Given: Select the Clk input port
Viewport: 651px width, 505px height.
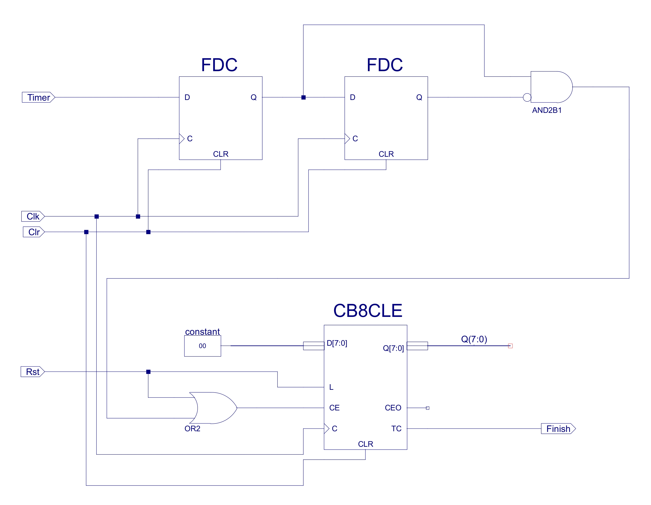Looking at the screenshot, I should point(33,216).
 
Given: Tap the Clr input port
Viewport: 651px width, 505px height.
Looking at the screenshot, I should point(34,232).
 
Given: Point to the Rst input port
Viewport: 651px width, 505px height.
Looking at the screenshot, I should point(32,372).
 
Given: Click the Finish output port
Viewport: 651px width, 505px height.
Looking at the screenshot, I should point(558,429).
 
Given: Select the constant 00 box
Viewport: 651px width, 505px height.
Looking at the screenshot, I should point(202,346).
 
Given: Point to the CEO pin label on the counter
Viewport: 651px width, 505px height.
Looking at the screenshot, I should point(393,408).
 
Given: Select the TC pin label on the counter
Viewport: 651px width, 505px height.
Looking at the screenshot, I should point(396,429).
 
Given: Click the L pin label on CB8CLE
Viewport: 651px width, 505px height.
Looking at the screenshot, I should point(331,387).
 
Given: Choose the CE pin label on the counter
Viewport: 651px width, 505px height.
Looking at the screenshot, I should point(334,408).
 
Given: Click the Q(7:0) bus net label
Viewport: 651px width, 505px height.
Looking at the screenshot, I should point(474,339).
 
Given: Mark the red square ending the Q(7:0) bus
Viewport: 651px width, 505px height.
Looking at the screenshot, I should point(510,346).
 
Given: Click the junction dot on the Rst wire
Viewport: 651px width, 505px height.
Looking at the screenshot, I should point(148,372).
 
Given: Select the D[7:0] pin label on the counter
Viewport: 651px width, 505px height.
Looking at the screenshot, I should point(337,343).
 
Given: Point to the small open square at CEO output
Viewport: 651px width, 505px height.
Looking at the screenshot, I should point(427,408).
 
